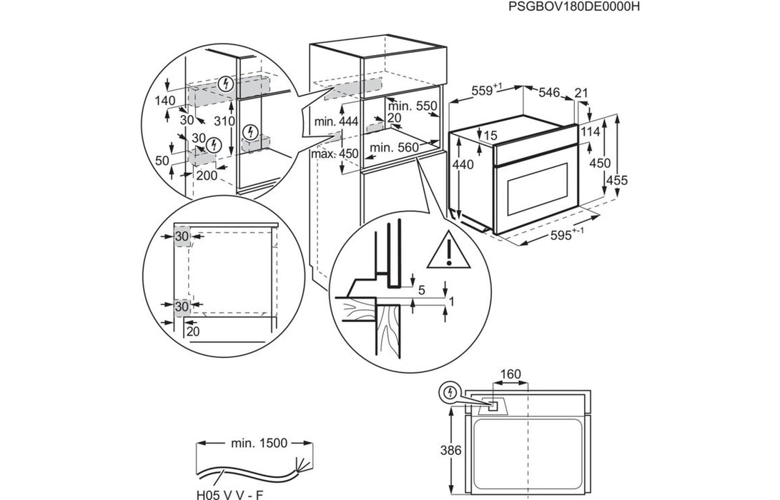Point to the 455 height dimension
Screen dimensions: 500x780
click(x=616, y=181)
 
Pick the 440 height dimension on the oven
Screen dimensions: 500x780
click(x=463, y=164)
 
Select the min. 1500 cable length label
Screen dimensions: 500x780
click(x=259, y=443)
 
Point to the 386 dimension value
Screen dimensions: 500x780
click(x=451, y=451)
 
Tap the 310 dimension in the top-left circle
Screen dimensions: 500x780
click(x=224, y=122)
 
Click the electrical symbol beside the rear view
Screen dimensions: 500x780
click(x=449, y=392)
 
